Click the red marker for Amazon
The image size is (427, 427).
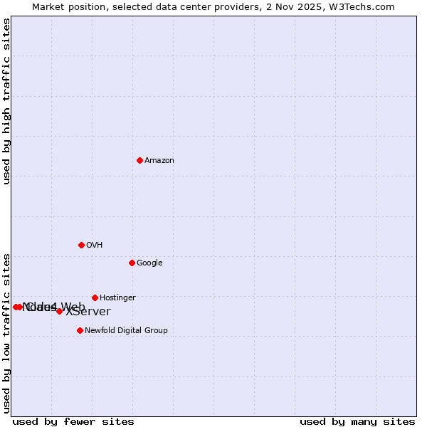(139, 160)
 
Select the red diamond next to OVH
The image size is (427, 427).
(81, 245)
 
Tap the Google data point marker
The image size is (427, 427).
(132, 263)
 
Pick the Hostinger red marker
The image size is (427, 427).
(95, 297)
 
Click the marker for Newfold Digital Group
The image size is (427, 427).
(80, 330)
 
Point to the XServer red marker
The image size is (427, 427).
(59, 311)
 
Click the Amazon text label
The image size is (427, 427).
(159, 161)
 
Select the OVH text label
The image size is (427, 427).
(95, 246)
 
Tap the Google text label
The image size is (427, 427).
(149, 263)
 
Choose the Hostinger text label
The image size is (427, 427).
(117, 298)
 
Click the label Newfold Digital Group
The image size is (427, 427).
(126, 331)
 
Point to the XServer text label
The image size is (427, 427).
(88, 312)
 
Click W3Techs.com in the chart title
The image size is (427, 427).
(362, 6)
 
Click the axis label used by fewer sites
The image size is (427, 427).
(73, 422)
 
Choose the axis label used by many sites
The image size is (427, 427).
(357, 422)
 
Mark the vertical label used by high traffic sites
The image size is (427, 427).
(6, 102)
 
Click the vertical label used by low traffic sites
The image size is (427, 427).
(6, 333)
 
